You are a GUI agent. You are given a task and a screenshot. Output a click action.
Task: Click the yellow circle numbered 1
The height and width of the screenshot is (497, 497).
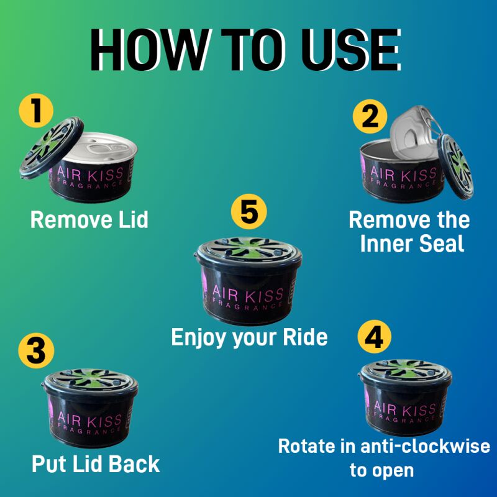(x=36, y=111)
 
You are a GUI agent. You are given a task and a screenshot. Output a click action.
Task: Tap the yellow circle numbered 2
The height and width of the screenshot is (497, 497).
(x=370, y=116)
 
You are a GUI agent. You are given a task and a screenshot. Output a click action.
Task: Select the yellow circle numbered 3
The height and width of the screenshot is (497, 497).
(x=36, y=350)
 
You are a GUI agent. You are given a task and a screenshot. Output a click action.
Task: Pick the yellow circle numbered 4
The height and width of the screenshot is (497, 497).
(x=375, y=337)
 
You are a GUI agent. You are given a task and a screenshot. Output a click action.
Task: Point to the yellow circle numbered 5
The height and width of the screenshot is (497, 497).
(x=249, y=211)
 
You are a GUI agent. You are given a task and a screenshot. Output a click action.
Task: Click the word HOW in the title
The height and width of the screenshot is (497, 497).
(x=150, y=50)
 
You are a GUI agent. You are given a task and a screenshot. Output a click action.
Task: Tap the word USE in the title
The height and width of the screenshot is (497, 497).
(x=351, y=50)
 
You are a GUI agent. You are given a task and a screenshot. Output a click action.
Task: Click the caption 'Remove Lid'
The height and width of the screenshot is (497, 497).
(x=89, y=220)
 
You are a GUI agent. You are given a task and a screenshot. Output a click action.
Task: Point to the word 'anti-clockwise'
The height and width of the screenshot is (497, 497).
(x=426, y=446)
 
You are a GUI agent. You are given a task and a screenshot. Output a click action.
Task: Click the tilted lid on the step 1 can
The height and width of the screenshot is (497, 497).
(x=52, y=147)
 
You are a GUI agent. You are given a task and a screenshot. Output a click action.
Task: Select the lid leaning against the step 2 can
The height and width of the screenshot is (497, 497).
(x=455, y=166)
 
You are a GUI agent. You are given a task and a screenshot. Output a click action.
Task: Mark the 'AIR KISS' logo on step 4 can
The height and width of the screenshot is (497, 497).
(x=405, y=408)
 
